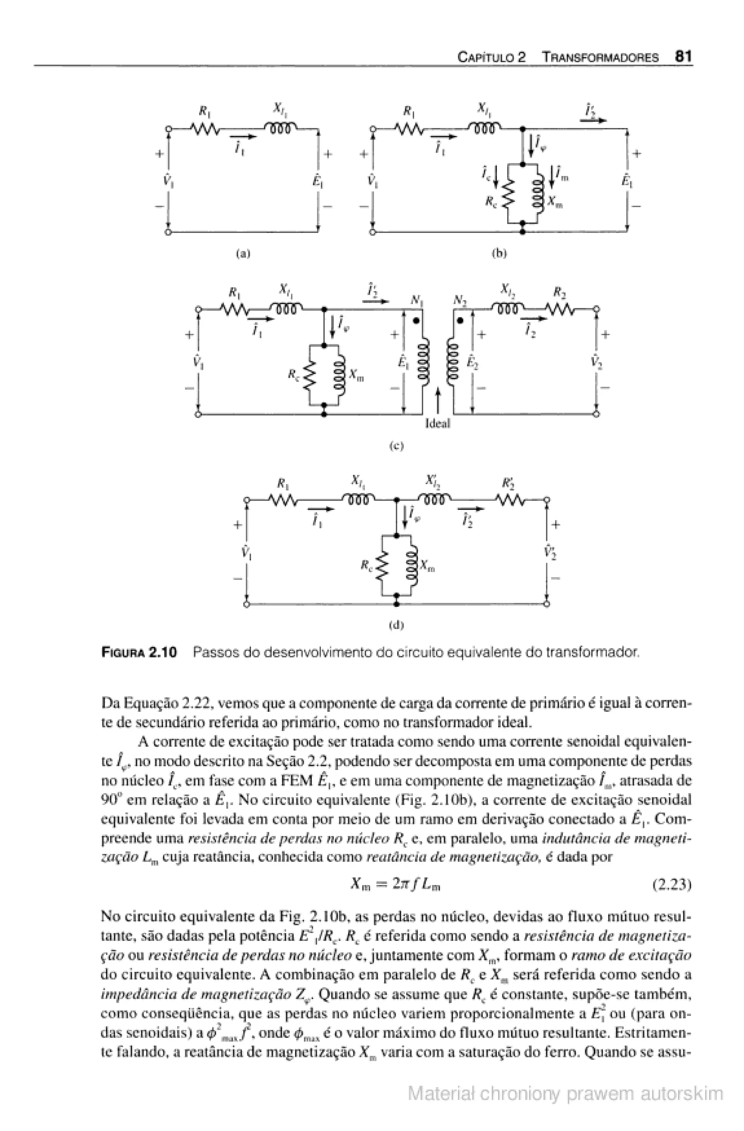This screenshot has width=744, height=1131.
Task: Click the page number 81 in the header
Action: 683,57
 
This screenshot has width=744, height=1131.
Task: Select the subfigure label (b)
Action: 499,253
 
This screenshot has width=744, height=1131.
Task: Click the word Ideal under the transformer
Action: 437,423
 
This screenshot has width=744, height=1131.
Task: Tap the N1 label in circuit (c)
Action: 417,301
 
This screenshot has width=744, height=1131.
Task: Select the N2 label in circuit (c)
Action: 460,301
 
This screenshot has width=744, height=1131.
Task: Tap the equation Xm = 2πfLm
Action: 395,884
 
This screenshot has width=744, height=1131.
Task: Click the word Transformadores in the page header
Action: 601,58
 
